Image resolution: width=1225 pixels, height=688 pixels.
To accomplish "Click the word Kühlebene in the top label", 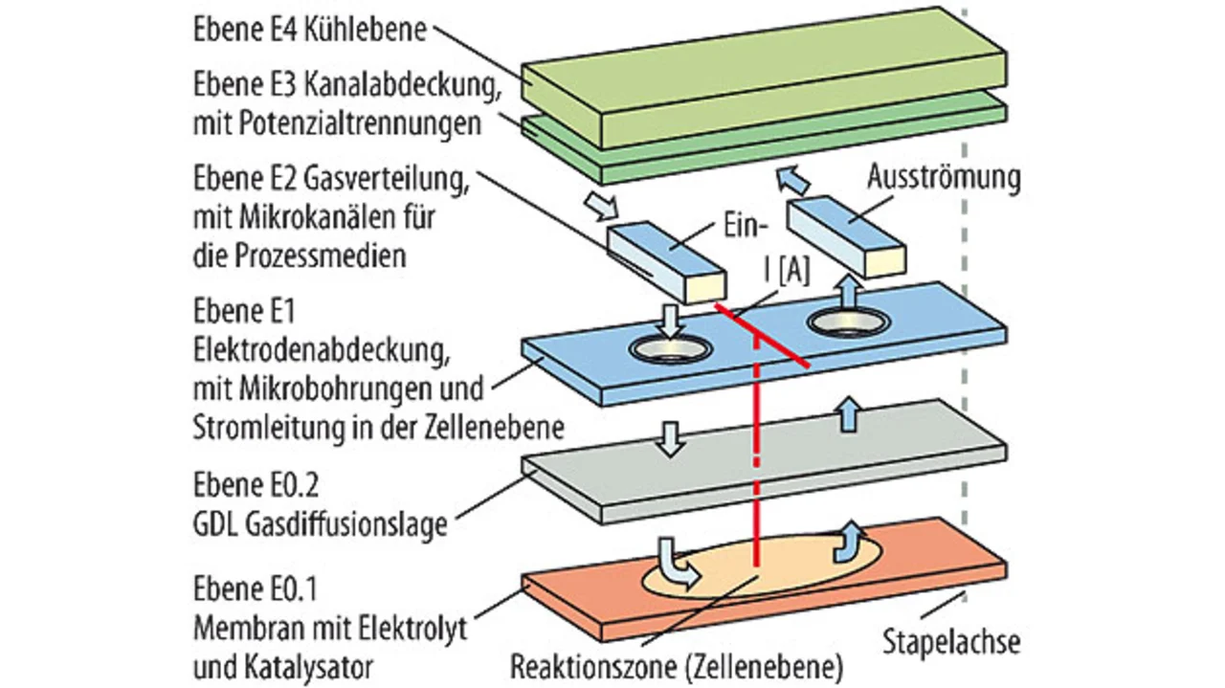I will (x=367, y=30).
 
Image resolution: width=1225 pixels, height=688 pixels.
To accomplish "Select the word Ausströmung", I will (x=944, y=177).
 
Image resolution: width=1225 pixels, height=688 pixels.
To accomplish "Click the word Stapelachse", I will (x=950, y=639).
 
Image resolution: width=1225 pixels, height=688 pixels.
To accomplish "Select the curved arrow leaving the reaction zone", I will (x=847, y=541).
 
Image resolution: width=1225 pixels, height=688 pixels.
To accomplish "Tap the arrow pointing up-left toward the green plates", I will (x=790, y=180).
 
